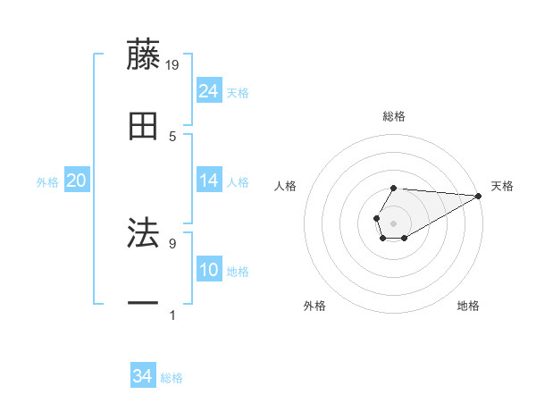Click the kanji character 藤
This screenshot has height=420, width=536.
click(x=144, y=55)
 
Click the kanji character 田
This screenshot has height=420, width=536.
click(x=144, y=127)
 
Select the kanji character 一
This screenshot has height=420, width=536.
click(x=144, y=305)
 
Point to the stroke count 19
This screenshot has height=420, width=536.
click(x=173, y=64)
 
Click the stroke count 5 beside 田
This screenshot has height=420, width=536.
click(x=172, y=136)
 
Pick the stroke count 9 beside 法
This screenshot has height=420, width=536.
click(x=172, y=242)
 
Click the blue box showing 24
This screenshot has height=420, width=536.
click(x=209, y=91)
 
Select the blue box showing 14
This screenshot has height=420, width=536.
click(x=209, y=181)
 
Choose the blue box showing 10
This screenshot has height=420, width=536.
click(x=209, y=270)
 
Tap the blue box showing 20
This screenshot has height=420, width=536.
click(x=77, y=181)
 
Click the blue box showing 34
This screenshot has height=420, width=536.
click(x=143, y=376)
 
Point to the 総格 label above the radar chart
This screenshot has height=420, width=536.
click(x=394, y=116)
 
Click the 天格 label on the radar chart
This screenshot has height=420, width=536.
click(x=502, y=186)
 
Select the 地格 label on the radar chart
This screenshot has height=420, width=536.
click(x=468, y=306)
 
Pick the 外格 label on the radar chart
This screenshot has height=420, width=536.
click(x=314, y=306)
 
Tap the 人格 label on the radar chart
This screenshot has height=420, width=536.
click(x=286, y=186)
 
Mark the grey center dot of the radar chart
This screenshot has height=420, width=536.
click(x=393, y=222)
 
